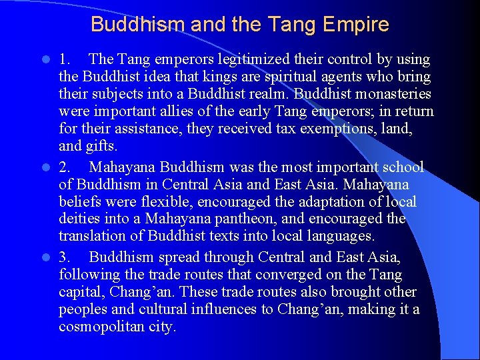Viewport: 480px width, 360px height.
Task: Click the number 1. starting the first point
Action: pos(65,59)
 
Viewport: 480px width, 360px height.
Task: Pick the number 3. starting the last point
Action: pos(65,257)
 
